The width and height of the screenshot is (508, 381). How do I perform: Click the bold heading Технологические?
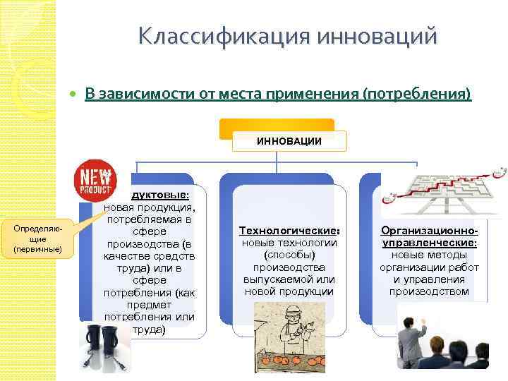click(289, 231)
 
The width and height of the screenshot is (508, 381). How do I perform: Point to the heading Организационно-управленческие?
click(429, 236)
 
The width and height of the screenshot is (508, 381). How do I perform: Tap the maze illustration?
click(443, 188)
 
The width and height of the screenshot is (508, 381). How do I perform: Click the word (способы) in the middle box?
click(289, 255)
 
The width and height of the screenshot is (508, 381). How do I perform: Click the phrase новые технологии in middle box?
click(289, 243)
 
